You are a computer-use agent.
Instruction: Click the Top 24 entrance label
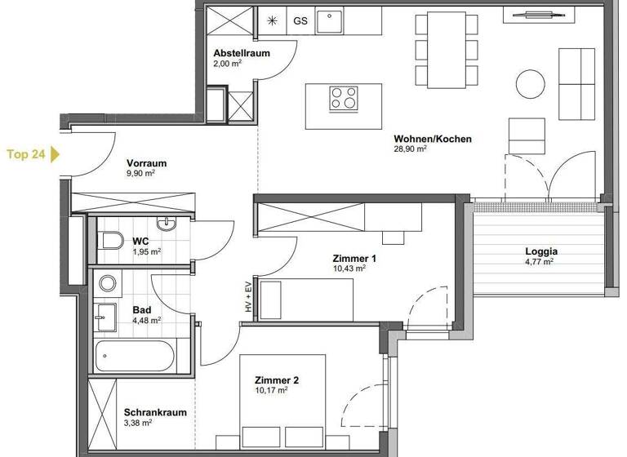[x=25, y=153]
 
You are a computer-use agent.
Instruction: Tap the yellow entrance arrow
[x=55, y=153]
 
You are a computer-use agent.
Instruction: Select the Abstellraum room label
[x=242, y=54]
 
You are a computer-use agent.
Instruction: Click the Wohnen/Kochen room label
[x=432, y=139]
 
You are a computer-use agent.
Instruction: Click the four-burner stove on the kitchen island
[x=344, y=98]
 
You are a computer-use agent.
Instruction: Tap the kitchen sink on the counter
[x=330, y=21]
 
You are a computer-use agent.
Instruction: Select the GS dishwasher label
[x=300, y=21]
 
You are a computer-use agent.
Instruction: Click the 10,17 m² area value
[x=271, y=391]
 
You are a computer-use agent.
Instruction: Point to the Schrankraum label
[x=155, y=413]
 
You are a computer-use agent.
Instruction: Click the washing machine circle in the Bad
[x=108, y=284]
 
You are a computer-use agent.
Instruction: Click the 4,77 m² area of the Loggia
[x=539, y=263]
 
